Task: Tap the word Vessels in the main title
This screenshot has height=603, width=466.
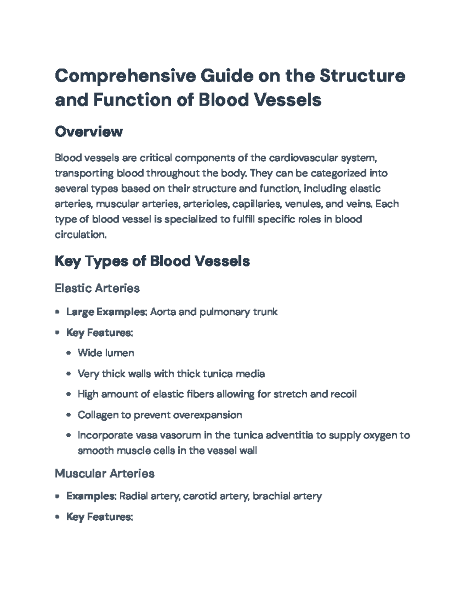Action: tap(287, 99)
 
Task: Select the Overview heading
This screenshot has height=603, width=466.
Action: tap(89, 132)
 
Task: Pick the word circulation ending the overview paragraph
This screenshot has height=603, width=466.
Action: tap(80, 235)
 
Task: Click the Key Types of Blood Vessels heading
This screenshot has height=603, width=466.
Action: tap(152, 261)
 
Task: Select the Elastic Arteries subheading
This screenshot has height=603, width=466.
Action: tap(97, 288)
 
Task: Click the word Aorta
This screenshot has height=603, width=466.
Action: tap(163, 312)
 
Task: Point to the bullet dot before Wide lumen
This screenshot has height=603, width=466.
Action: tap(69, 353)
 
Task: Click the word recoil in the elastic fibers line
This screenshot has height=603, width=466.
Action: tap(343, 394)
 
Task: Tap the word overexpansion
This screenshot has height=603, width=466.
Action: tap(207, 415)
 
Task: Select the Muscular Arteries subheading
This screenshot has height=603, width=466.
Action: tap(104, 473)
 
